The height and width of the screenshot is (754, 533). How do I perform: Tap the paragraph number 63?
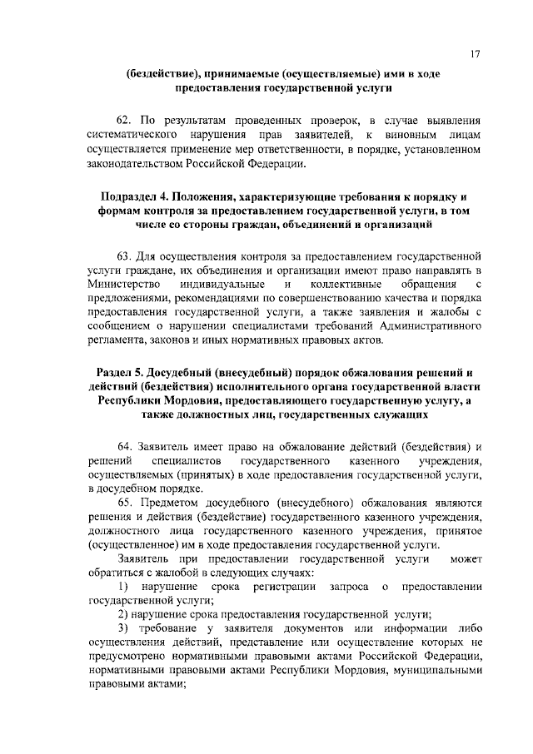click(124, 256)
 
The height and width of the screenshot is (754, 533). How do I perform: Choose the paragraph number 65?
click(124, 503)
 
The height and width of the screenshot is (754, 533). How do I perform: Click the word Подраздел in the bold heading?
click(130, 196)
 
